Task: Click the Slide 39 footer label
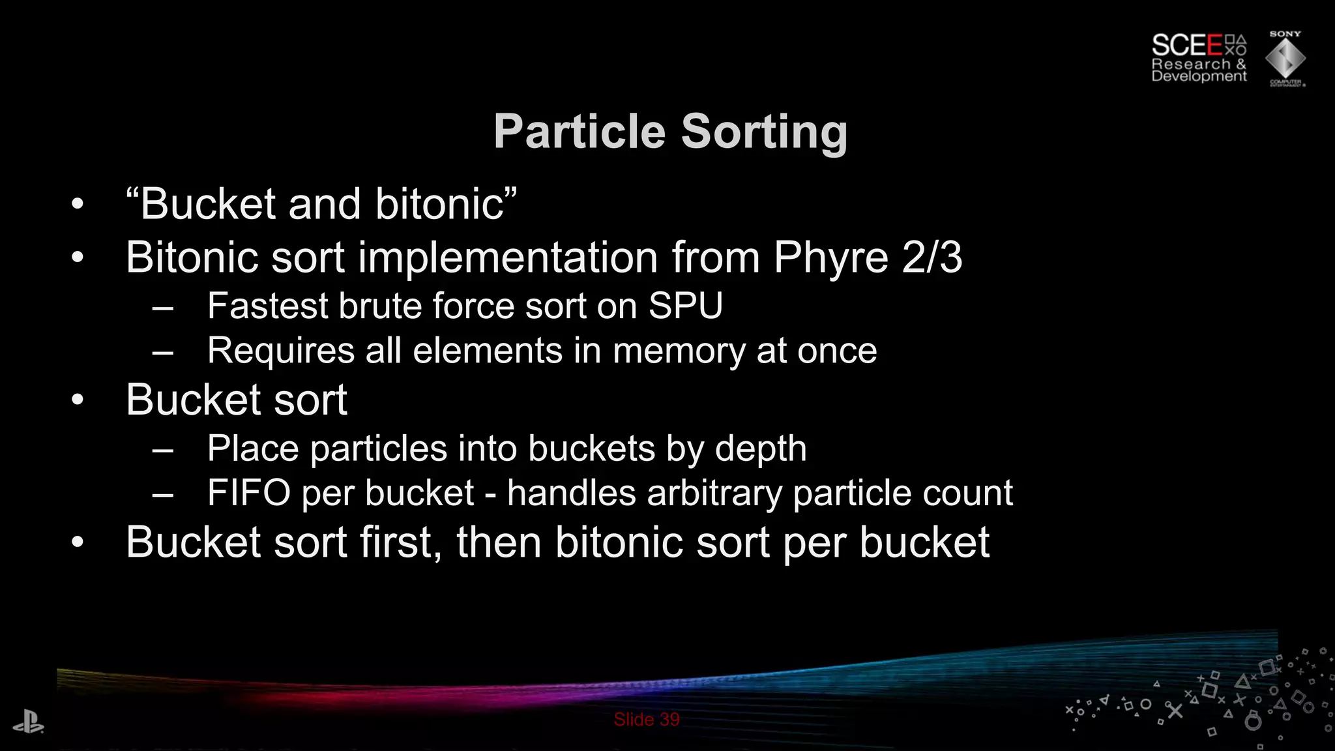point(646,720)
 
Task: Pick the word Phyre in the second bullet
point(830,258)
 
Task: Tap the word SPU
point(685,306)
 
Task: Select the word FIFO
point(248,493)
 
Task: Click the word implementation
point(508,258)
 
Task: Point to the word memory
point(678,351)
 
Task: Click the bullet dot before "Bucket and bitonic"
point(78,205)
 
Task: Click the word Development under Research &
point(1198,76)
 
